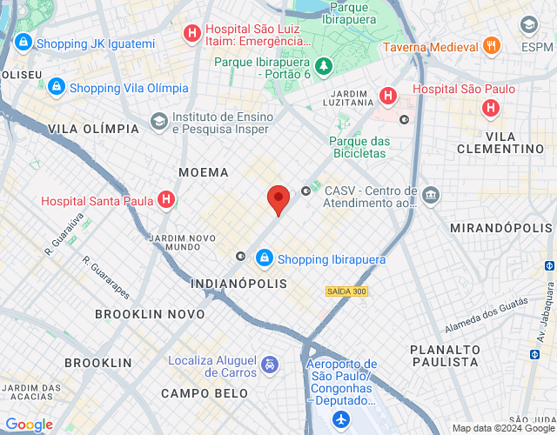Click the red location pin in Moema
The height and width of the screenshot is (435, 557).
point(278,199)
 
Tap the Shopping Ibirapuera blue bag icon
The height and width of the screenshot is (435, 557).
point(264,258)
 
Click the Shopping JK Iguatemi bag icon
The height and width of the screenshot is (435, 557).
point(23,43)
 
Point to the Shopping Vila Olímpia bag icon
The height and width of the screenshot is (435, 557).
point(57,88)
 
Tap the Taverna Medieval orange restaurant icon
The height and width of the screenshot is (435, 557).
point(492,46)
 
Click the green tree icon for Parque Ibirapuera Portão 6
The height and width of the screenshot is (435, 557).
point(324,66)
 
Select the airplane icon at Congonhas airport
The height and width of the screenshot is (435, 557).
point(340,419)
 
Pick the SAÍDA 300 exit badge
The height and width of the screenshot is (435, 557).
point(346,291)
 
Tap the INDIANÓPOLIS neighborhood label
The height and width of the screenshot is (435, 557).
point(238,284)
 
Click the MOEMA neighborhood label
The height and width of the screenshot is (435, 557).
point(203,172)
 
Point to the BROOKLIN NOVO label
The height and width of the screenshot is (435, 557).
point(150,313)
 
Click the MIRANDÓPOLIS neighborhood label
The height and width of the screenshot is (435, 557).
point(500,227)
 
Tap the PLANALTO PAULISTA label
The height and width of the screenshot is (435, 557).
point(444,354)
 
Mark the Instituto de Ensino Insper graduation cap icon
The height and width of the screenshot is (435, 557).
point(158,120)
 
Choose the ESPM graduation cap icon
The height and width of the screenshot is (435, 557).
point(527,24)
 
